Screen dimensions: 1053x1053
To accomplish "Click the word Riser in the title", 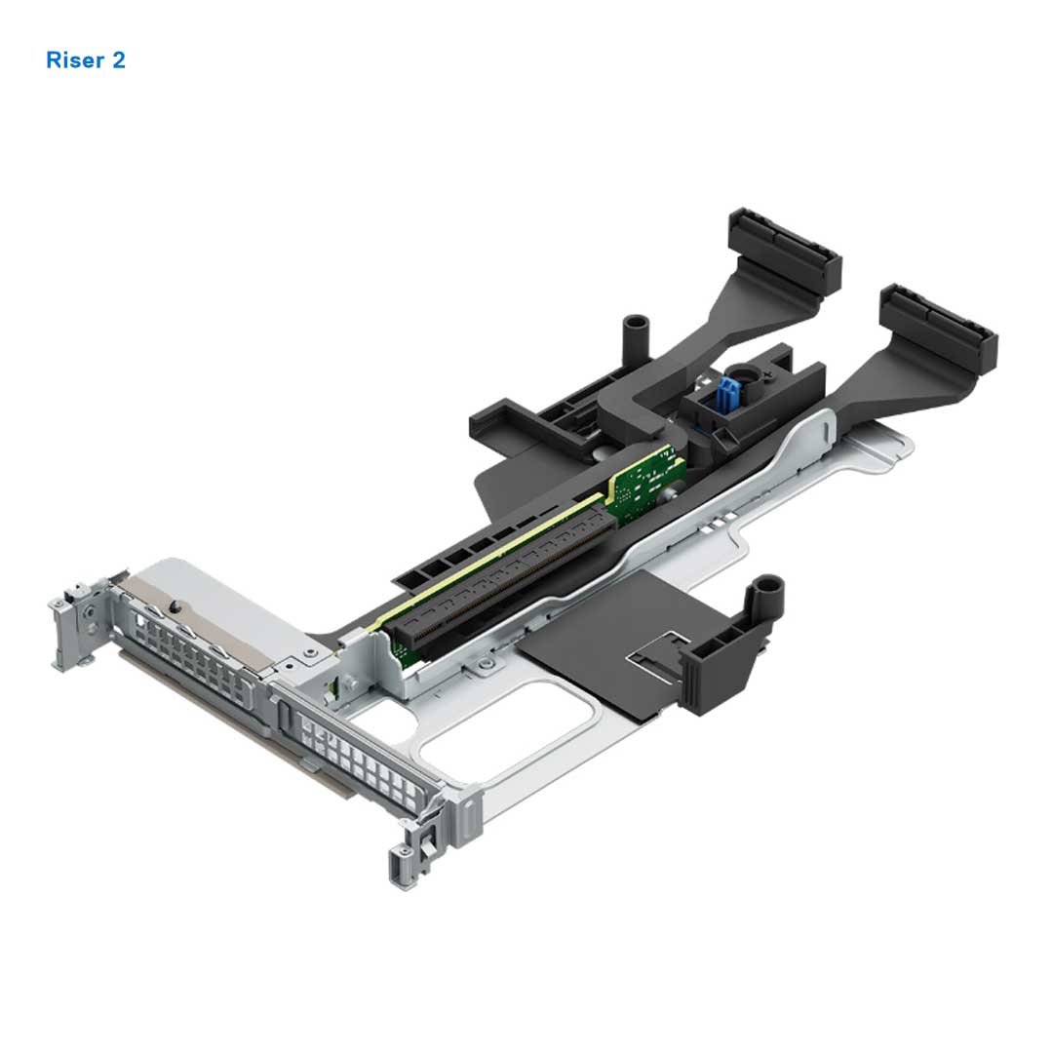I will (x=73, y=60).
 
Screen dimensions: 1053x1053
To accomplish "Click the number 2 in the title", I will (x=118, y=60).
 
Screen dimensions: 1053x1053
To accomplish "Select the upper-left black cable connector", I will (x=786, y=252).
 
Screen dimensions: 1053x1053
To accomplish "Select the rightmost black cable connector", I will (x=939, y=329).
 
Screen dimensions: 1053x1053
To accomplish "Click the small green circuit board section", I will (x=643, y=482).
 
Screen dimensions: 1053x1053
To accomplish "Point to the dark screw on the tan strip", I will (x=174, y=605).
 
